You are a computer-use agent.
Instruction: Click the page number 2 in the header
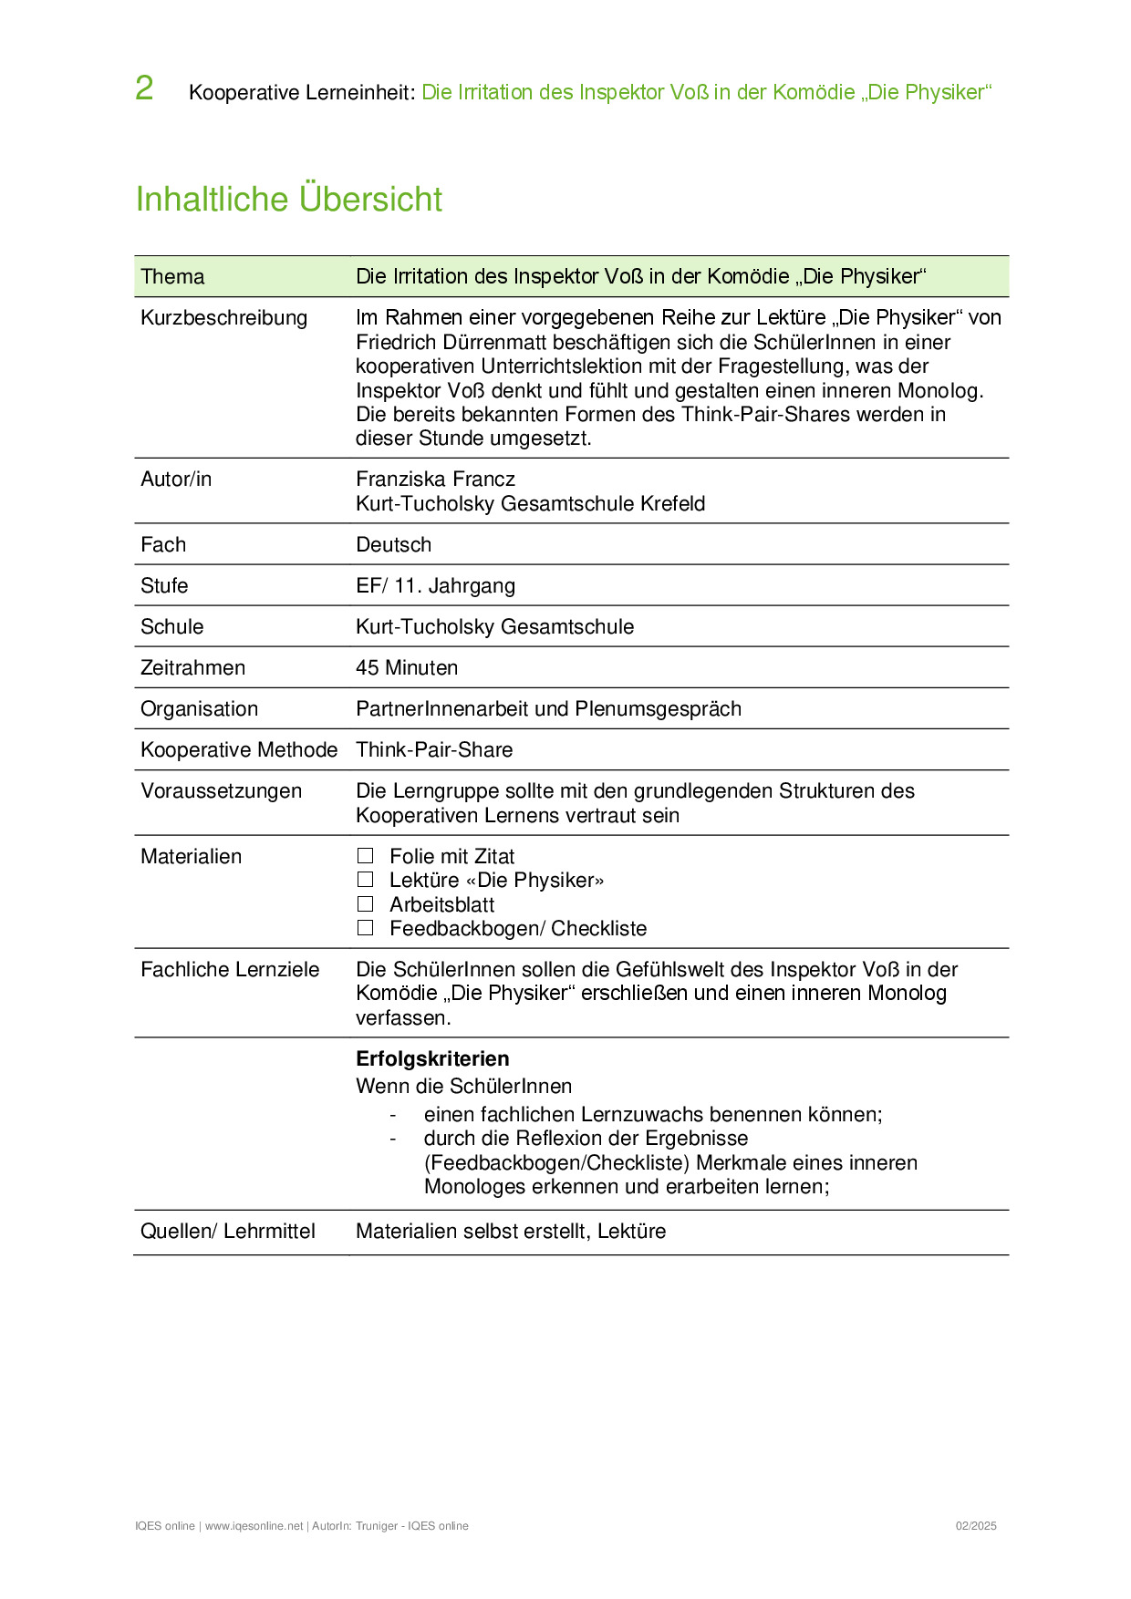144,89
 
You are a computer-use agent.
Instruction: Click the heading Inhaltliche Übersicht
288,200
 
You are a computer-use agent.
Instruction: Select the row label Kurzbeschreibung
223,318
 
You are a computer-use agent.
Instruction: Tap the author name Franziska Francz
435,480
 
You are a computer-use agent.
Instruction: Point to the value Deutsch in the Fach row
393,545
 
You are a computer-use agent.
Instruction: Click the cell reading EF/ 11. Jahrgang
435,586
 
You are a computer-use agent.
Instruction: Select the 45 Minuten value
407,668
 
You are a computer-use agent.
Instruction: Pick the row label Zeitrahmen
192,668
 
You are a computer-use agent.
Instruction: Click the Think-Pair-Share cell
434,750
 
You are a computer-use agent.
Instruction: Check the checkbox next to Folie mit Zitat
366,856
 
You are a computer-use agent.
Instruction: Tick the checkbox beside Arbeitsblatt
366,904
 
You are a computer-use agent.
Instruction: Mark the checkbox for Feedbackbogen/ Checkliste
366,928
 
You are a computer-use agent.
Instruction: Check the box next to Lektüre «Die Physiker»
366,880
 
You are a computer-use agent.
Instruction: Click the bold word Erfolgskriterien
432,1059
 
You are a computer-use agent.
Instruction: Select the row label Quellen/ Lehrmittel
227,1232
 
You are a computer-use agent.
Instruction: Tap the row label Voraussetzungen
221,791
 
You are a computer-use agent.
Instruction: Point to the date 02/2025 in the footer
976,1526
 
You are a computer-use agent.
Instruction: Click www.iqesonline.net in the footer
254,1526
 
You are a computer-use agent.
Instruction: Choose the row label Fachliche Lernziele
230,970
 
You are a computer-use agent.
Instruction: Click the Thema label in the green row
172,277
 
